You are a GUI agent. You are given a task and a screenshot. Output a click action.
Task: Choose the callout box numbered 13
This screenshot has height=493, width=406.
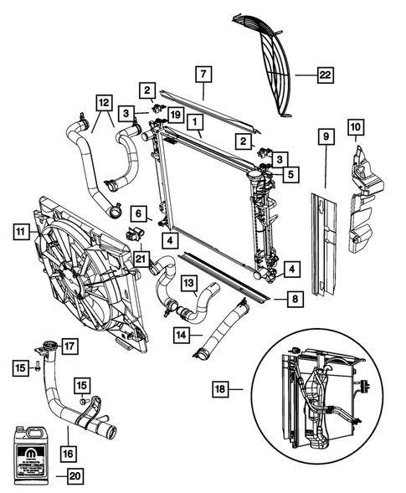(189, 282)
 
